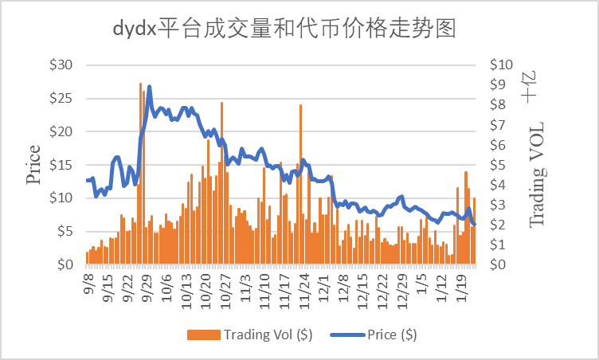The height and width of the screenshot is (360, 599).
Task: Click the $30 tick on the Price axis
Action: click(61, 65)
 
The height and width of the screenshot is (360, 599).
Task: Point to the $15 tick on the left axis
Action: click(61, 165)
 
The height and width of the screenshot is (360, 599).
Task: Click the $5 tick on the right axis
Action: click(502, 165)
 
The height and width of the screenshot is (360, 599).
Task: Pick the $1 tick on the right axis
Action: click(502, 245)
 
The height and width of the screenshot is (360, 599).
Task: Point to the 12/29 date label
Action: click(401, 289)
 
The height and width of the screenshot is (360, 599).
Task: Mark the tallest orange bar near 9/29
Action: click(140, 84)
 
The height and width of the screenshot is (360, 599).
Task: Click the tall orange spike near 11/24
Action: click(300, 106)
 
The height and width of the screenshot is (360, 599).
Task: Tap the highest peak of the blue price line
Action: click(149, 87)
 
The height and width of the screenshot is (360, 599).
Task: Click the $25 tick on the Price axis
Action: click(61, 99)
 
